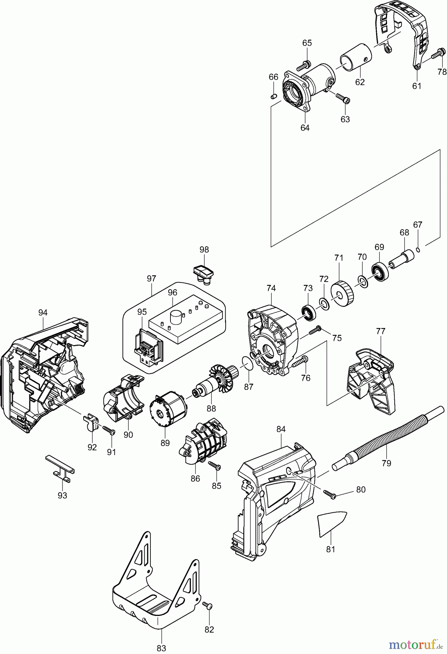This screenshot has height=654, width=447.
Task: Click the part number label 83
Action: [161, 648]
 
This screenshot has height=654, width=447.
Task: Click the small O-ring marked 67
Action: [418, 249]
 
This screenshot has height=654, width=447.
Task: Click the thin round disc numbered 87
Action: [247, 362]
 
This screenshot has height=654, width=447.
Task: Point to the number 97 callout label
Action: [152, 279]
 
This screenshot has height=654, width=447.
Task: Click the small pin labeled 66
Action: [274, 96]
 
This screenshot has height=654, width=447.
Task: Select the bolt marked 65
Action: [303, 66]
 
